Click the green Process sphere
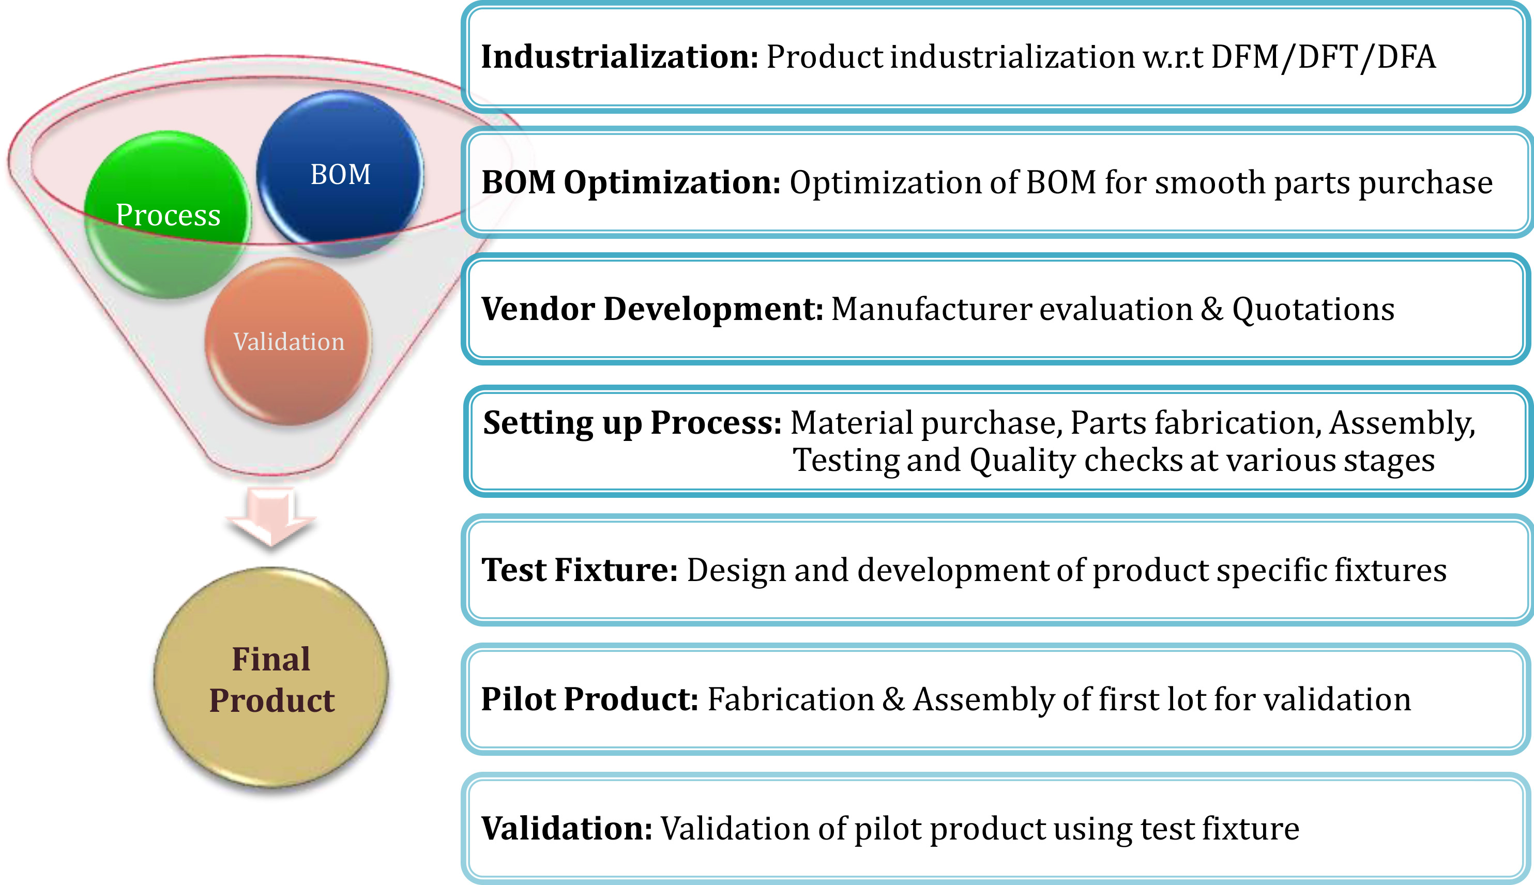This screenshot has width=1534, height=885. pos(167,215)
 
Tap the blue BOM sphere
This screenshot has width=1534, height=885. pos(340,174)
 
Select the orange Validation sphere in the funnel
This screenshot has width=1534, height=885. pos(288,341)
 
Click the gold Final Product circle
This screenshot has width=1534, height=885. pos(271,678)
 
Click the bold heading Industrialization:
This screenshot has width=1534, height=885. pos(619,56)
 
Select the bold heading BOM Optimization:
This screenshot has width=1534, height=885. pos(631,182)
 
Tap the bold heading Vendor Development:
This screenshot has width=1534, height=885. pos(652,309)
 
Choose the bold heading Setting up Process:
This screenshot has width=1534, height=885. pos(632,423)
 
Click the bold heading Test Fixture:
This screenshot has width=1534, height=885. pos(579,570)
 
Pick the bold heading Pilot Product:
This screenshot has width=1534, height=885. pos(589,699)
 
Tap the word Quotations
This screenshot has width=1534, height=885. pos(1313,309)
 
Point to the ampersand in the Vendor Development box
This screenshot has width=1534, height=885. pos(1212,309)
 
